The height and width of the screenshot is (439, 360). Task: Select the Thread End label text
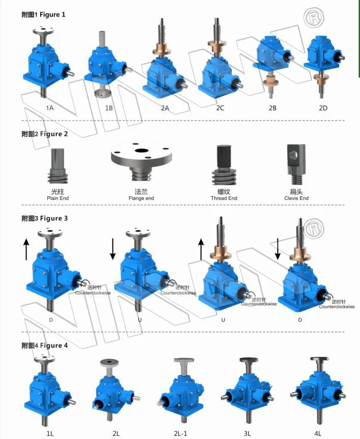point(224,198)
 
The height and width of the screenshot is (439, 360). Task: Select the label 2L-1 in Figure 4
point(183,433)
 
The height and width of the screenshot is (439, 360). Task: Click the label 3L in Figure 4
point(248,433)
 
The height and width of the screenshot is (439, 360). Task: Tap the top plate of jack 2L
point(110,362)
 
